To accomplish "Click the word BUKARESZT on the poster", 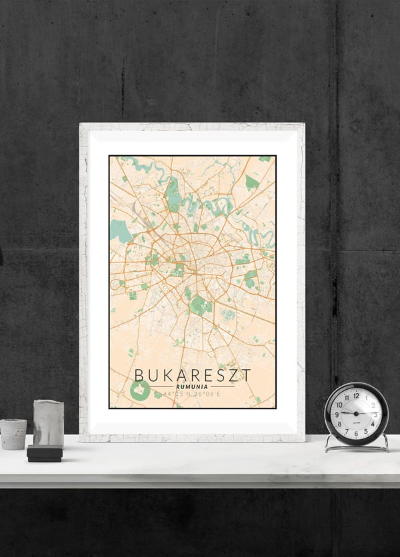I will pyautogui.click(x=193, y=374).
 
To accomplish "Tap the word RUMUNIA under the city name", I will pyautogui.click(x=192, y=386).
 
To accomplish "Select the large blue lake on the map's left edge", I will pyautogui.click(x=120, y=231).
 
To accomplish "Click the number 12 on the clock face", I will pyautogui.click(x=356, y=395).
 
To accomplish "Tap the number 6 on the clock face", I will pyautogui.click(x=356, y=434).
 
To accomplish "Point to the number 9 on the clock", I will pyautogui.click(x=337, y=414).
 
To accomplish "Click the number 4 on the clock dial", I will pyautogui.click(x=373, y=424).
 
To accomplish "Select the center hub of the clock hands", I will pyautogui.click(x=356, y=414).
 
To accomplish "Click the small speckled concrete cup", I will pyautogui.click(x=13, y=434).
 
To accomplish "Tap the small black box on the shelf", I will pyautogui.click(x=45, y=454).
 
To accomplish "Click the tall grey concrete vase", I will pyautogui.click(x=48, y=424).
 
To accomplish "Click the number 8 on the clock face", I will pyautogui.click(x=339, y=424).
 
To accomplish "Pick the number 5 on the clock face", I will pyautogui.click(x=366, y=431).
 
